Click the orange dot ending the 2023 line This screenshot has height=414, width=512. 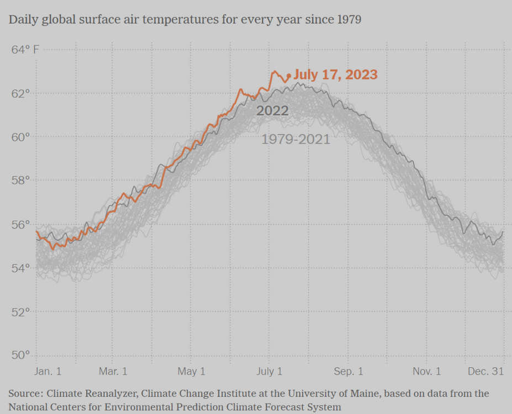289,76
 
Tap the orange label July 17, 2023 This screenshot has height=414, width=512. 335,75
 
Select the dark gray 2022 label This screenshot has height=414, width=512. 272,111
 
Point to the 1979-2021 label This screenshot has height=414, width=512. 296,139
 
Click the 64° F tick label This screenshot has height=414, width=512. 25,50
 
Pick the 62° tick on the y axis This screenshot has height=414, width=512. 20,93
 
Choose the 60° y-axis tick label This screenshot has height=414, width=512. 20,137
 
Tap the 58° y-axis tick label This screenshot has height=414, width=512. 20,181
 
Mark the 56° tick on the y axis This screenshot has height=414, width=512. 20,225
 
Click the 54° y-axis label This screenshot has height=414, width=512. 20,268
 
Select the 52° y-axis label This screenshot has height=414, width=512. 20,312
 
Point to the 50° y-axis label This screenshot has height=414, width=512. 20,355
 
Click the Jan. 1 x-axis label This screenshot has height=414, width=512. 47,371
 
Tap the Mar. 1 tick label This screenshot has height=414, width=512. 113,371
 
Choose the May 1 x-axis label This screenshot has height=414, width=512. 191,371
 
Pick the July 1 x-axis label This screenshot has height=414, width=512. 270,371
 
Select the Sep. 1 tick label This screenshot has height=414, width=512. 349,371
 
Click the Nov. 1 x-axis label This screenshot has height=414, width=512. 427,371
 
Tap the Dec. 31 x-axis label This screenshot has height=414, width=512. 486,371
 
